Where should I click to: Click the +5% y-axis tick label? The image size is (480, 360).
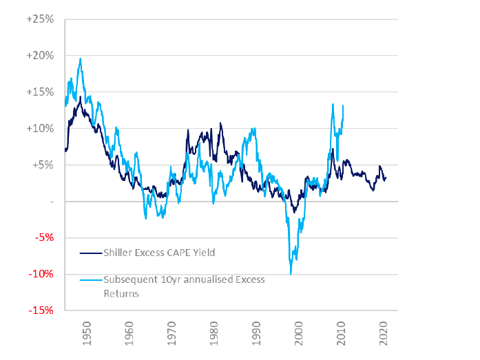point(42,165)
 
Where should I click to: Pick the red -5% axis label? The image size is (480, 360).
point(43,237)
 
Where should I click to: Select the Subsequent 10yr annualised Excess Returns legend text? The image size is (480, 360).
point(184,286)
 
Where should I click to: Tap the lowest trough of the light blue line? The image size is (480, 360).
point(291,274)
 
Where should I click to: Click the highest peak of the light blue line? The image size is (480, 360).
point(81,59)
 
